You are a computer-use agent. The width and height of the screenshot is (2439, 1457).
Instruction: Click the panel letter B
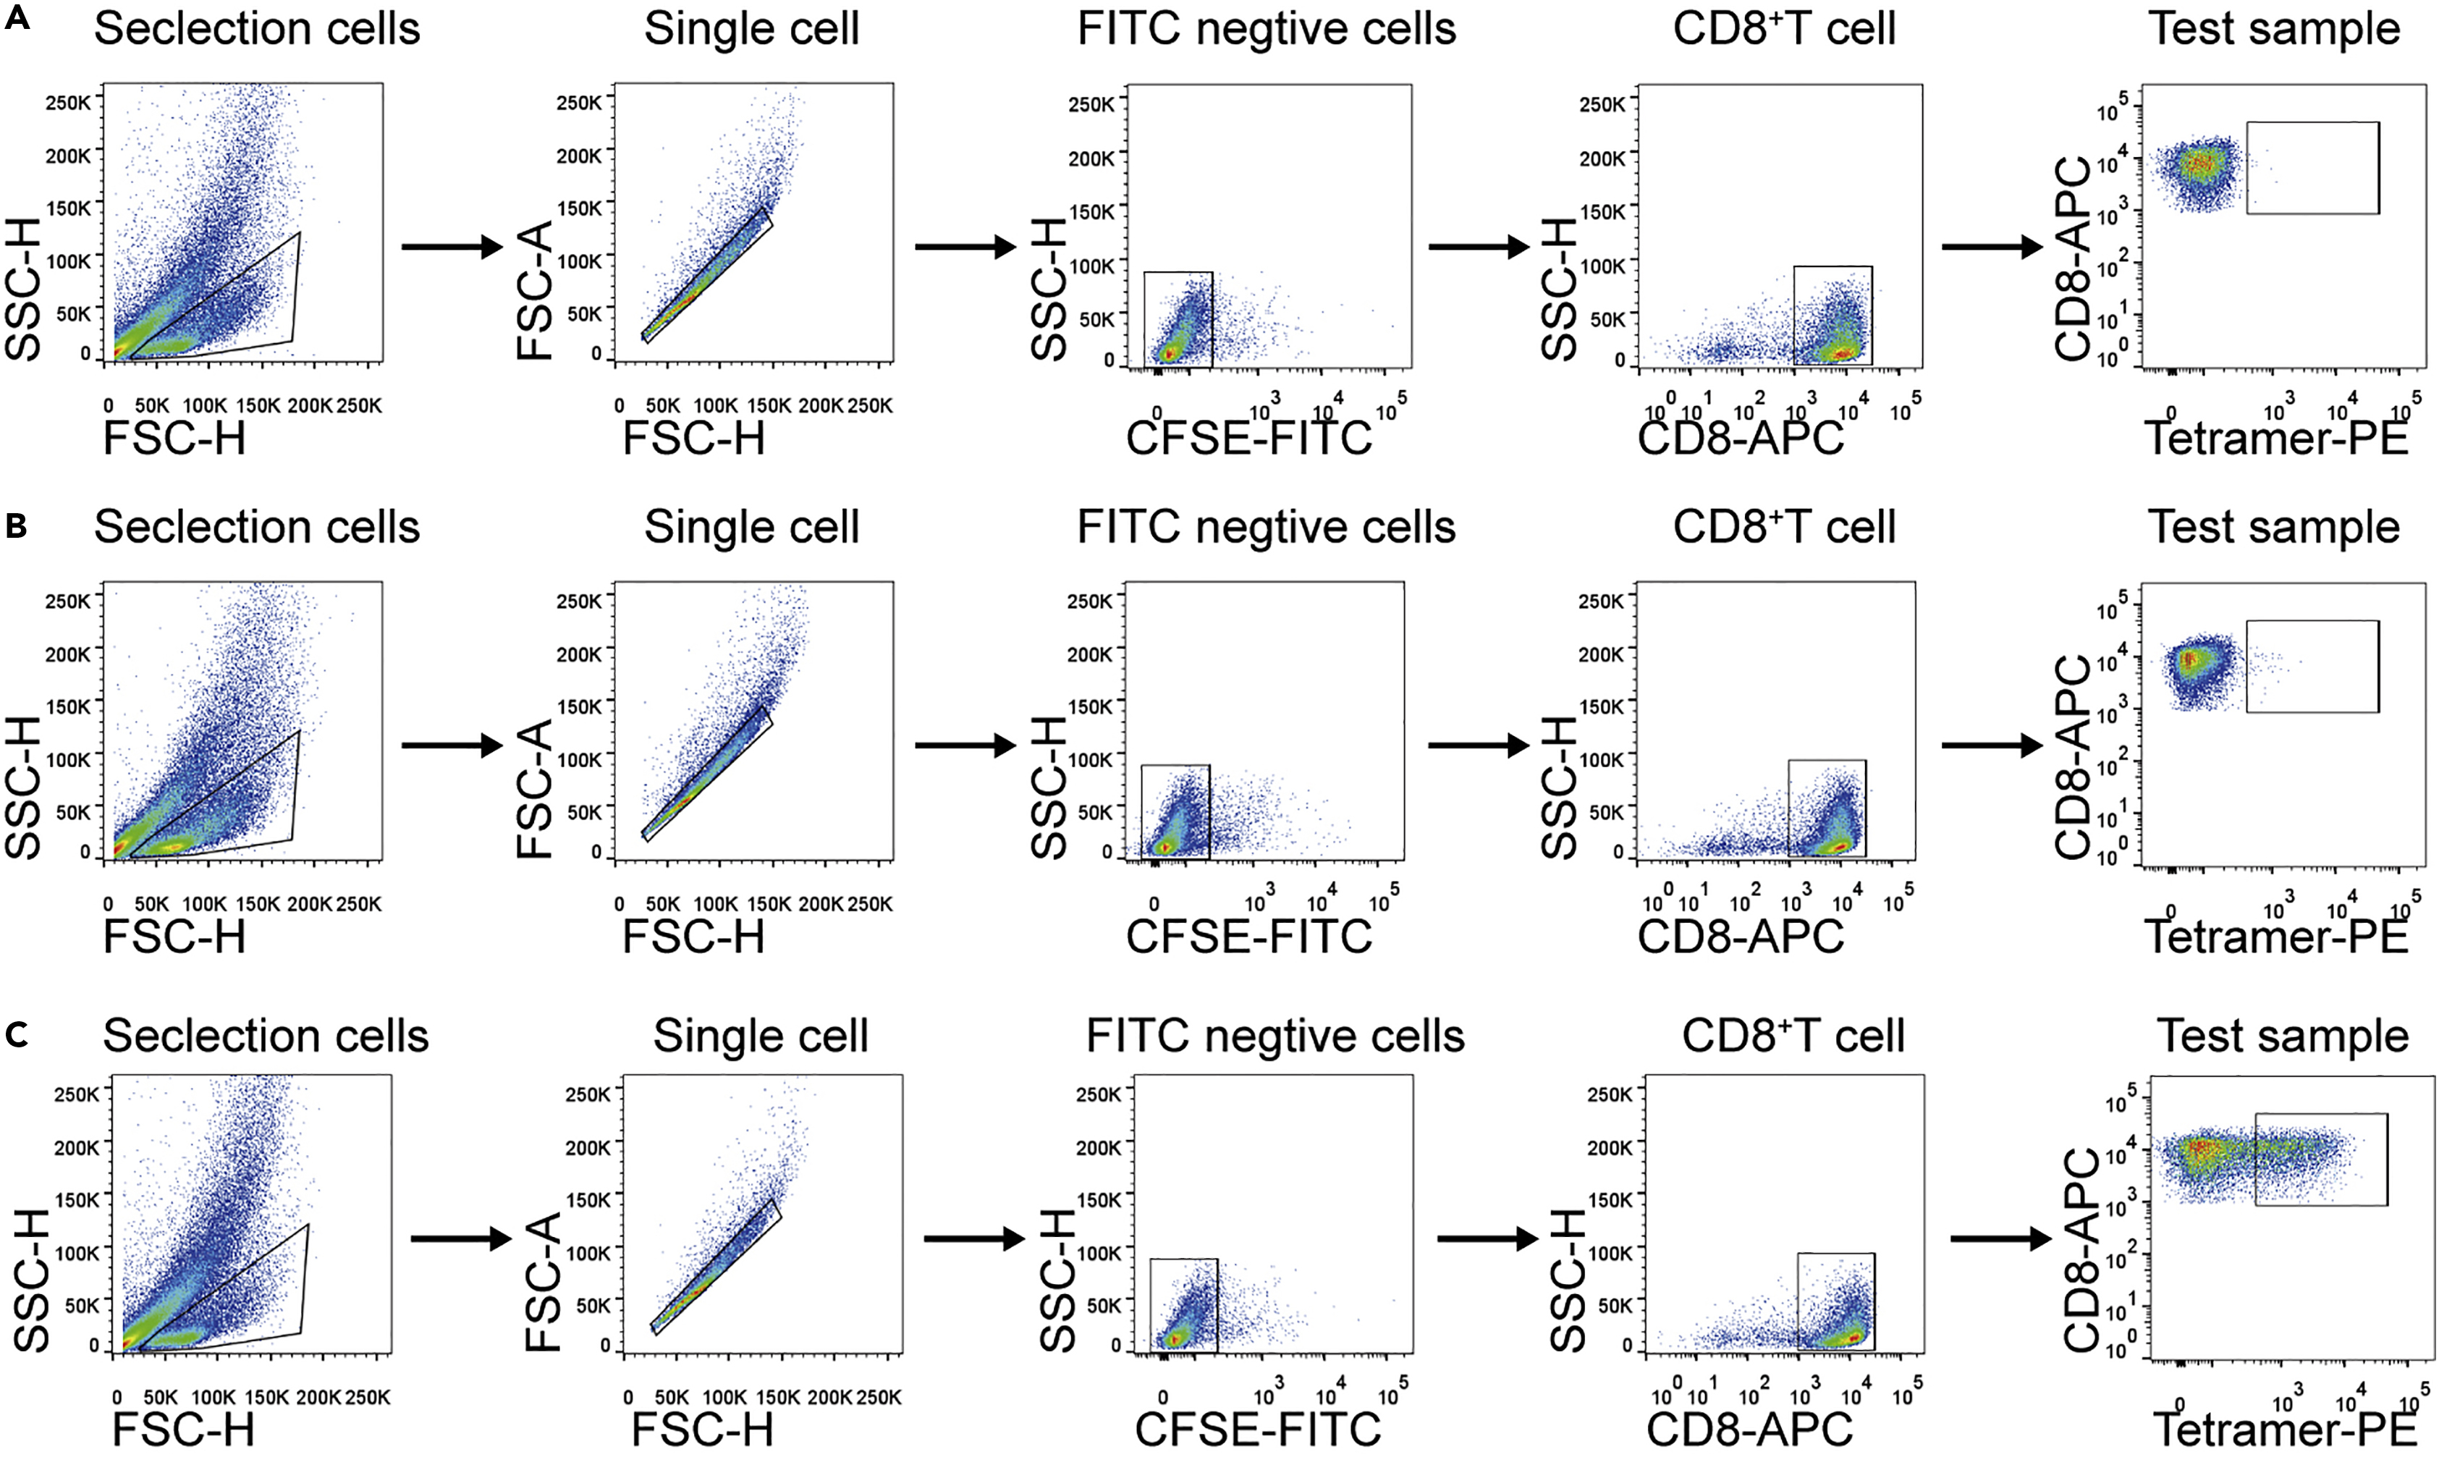(x=16, y=526)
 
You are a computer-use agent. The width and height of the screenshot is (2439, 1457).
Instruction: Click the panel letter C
(x=16, y=1035)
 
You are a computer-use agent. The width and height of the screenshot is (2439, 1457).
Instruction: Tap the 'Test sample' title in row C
(x=2283, y=1036)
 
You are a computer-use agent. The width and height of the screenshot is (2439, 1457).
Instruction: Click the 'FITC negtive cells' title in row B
(x=1266, y=527)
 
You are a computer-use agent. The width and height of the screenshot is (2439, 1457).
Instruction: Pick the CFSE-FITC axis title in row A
(x=1248, y=438)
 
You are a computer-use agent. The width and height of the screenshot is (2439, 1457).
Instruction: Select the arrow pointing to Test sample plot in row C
(x=2000, y=1239)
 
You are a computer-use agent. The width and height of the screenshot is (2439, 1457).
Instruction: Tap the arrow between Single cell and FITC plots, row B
(x=965, y=746)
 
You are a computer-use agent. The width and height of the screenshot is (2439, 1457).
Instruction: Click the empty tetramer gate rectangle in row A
(x=2312, y=168)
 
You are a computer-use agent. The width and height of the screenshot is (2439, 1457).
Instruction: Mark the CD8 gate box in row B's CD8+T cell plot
(x=1827, y=807)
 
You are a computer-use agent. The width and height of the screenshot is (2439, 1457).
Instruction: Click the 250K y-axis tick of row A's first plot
(x=68, y=101)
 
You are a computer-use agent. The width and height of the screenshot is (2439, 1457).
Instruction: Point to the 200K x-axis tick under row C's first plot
(x=318, y=1397)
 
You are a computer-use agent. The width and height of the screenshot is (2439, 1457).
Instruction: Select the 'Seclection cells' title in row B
(x=257, y=527)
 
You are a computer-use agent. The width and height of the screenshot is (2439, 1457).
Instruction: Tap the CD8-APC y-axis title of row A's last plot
(x=2074, y=260)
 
